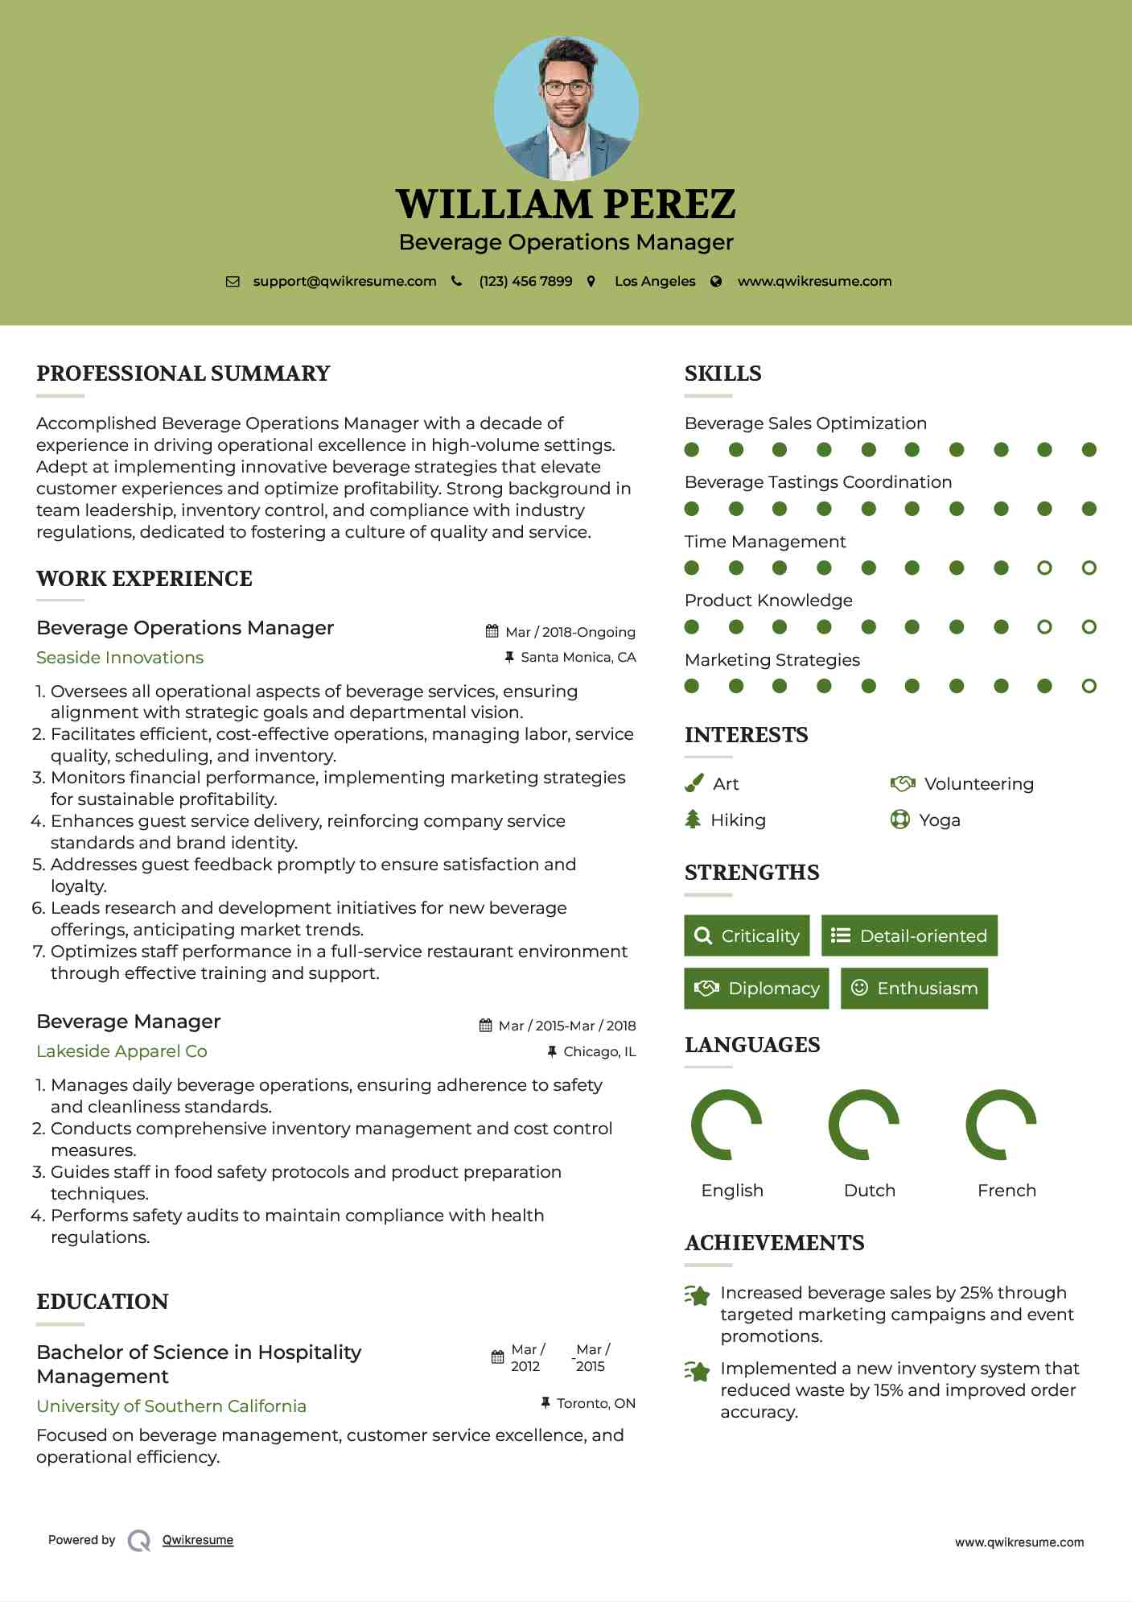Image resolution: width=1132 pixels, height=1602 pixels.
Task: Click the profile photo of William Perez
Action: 566,108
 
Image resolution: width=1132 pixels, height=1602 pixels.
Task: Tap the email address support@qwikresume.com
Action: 344,281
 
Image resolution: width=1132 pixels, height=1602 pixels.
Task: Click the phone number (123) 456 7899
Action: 525,281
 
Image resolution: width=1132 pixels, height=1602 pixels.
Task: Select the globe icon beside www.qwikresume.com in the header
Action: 716,282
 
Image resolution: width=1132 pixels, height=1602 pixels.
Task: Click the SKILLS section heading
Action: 722,374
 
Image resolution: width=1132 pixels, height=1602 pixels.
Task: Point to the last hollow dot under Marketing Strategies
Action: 1089,686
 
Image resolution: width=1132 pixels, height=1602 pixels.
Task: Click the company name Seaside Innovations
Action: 120,658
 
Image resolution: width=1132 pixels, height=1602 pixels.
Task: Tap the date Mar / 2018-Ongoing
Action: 570,632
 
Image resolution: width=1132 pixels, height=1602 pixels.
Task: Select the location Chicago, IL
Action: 599,1051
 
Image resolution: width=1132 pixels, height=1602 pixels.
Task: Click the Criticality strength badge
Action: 747,935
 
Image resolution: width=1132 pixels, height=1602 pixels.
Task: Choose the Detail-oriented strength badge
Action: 909,935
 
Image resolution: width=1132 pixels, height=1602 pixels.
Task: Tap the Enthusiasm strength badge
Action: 914,988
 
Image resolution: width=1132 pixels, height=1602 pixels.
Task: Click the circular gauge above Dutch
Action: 863,1125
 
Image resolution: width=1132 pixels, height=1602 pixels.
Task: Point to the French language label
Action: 1006,1191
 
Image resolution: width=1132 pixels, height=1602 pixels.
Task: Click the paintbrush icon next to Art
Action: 694,783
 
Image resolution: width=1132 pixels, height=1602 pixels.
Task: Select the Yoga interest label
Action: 939,820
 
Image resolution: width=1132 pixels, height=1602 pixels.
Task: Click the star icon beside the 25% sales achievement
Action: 697,1295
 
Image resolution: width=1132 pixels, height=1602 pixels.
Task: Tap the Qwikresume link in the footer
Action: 198,1540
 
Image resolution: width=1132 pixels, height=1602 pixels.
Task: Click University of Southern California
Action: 171,1406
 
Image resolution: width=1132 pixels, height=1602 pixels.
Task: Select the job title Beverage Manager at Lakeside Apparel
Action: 129,1022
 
